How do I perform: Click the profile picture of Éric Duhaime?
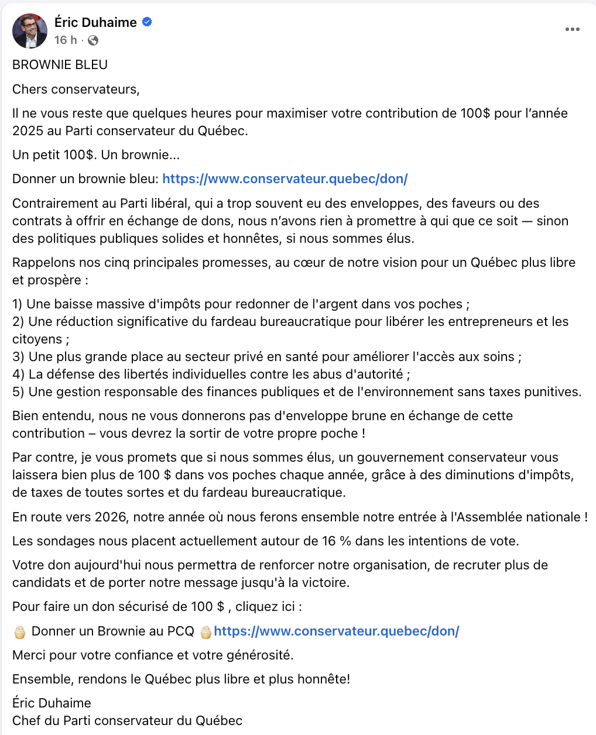(29, 31)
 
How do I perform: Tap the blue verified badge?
(148, 22)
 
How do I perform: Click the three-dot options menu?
(572, 29)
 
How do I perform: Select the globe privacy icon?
(93, 40)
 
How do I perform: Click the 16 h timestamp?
(65, 40)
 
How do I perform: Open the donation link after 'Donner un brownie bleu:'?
(285, 179)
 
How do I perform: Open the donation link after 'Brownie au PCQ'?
(336, 631)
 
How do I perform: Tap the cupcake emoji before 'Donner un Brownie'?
(20, 631)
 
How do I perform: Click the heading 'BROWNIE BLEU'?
(60, 65)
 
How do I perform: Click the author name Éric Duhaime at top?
(95, 22)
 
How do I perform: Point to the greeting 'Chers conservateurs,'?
(76, 90)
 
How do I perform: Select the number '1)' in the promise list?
(18, 304)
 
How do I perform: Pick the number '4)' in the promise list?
(18, 375)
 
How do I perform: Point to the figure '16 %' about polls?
(336, 541)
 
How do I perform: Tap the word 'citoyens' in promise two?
(37, 339)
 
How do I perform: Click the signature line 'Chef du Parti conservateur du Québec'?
(127, 721)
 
